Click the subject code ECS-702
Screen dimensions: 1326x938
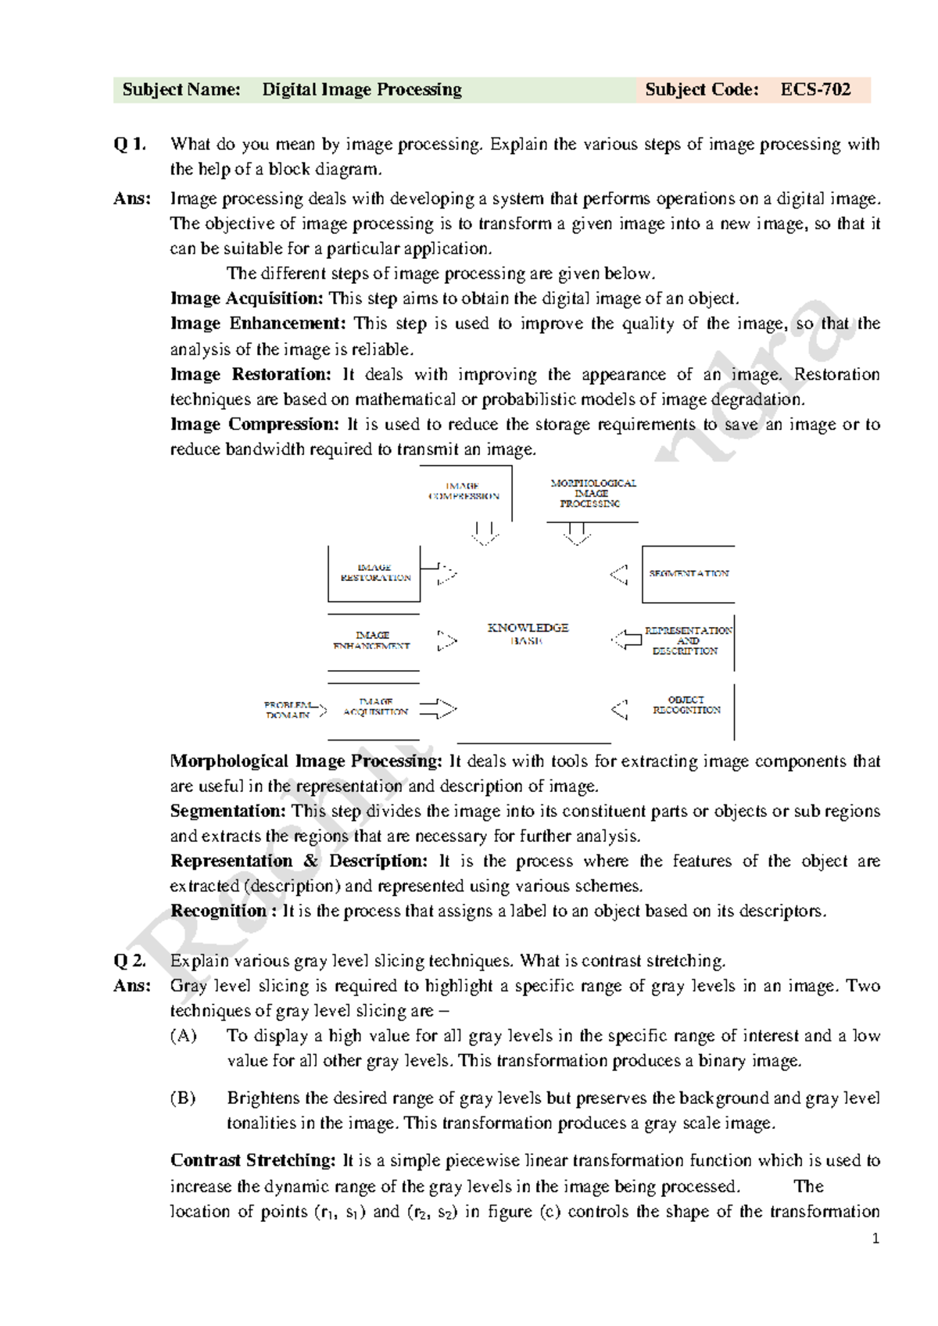pyautogui.click(x=815, y=90)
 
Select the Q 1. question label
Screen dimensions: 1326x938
pyautogui.click(x=130, y=144)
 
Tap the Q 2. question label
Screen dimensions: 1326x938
pyautogui.click(x=130, y=961)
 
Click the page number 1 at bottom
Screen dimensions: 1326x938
pyautogui.click(x=875, y=1238)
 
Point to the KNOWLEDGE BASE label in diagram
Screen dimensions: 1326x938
pyautogui.click(x=528, y=634)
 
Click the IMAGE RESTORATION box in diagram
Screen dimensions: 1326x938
pyautogui.click(x=375, y=573)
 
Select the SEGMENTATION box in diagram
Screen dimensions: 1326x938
pyautogui.click(x=689, y=574)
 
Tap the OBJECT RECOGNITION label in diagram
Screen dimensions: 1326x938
pyautogui.click(x=686, y=705)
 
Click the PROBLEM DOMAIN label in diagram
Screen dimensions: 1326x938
pyautogui.click(x=288, y=710)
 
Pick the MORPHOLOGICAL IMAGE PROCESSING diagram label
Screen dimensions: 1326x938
pyautogui.click(x=593, y=493)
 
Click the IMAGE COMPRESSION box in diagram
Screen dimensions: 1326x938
pyautogui.click(x=464, y=491)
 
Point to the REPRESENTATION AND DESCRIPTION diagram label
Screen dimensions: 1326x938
pyautogui.click(x=688, y=640)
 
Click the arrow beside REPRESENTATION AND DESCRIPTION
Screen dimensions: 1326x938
pyautogui.click(x=627, y=640)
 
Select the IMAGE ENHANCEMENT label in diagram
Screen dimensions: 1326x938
pyautogui.click(x=372, y=640)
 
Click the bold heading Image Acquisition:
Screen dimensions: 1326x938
pyautogui.click(x=246, y=299)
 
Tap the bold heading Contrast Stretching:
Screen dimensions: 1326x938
pyautogui.click(x=253, y=1161)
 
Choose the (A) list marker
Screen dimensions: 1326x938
pyautogui.click(x=184, y=1036)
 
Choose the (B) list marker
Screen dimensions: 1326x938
pyautogui.click(x=184, y=1098)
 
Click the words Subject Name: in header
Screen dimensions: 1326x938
pyautogui.click(x=181, y=90)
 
